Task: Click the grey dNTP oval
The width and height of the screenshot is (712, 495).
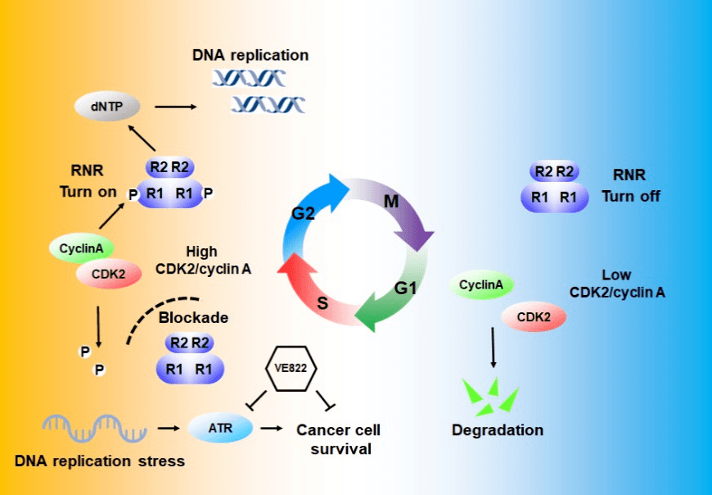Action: coord(107,106)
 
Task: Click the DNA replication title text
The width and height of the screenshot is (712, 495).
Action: coord(250,56)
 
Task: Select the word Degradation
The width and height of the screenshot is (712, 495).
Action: coord(498,429)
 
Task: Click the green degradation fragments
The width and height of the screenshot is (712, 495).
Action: coord(490,395)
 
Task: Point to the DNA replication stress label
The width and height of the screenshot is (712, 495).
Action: coord(100,461)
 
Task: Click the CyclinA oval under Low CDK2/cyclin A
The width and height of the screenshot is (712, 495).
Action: coord(480,285)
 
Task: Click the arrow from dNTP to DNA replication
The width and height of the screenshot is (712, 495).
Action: coord(176,106)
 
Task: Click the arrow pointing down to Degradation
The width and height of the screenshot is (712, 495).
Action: coord(493,347)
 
